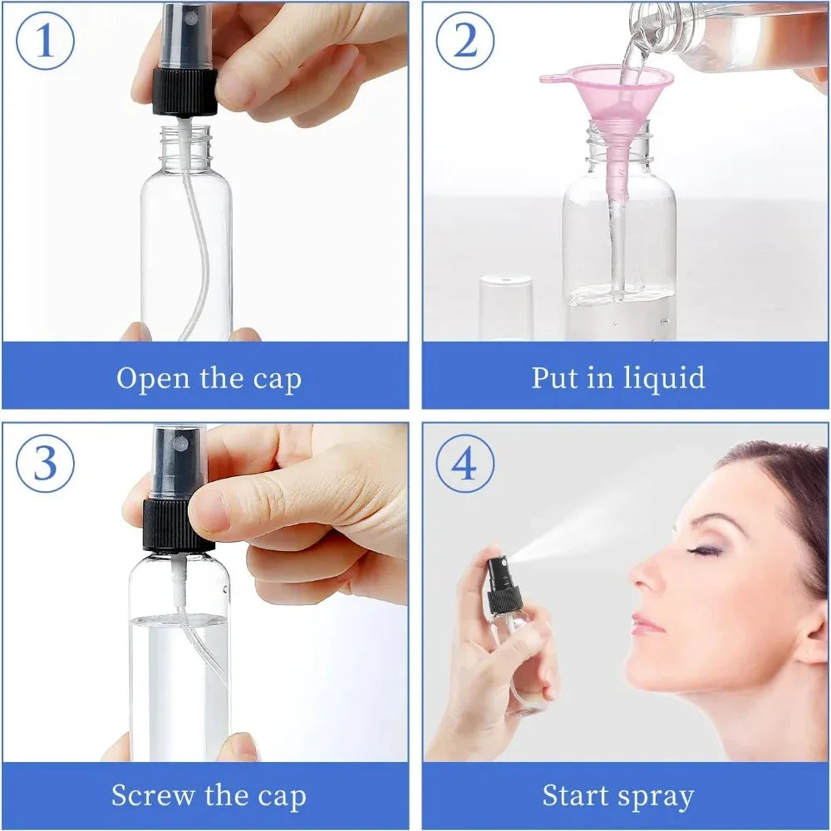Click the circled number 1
(x=45, y=42)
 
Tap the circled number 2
(x=465, y=42)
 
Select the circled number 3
(x=45, y=464)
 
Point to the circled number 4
(x=465, y=464)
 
